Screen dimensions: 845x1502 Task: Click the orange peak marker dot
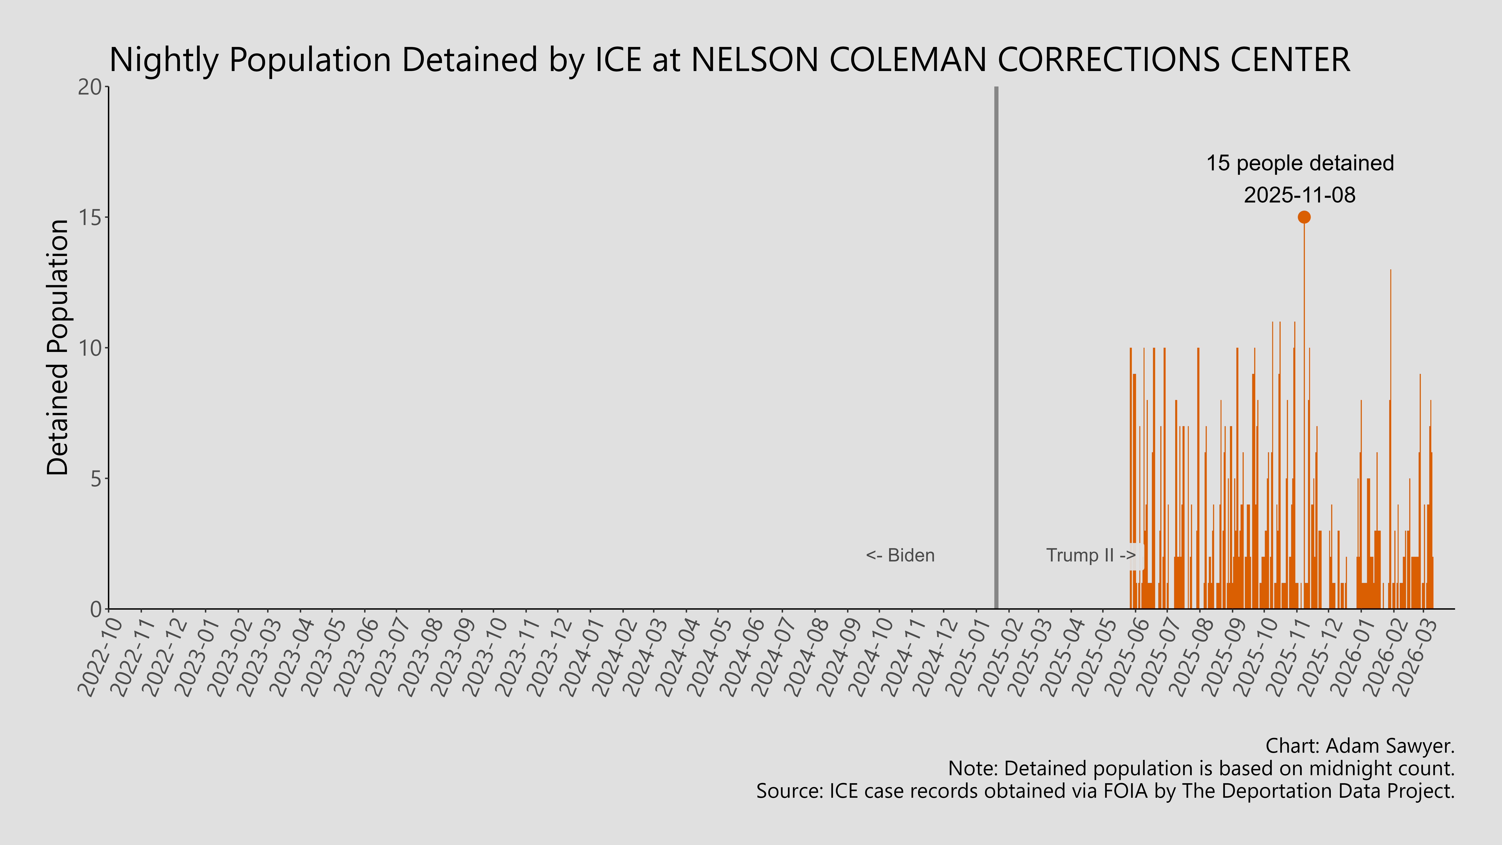pyautogui.click(x=1304, y=217)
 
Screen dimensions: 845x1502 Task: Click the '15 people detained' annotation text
pyautogui.click(x=1300, y=163)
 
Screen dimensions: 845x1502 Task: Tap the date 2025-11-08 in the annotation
pyautogui.click(x=1300, y=195)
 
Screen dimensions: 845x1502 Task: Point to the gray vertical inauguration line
pyautogui.click(x=996, y=350)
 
